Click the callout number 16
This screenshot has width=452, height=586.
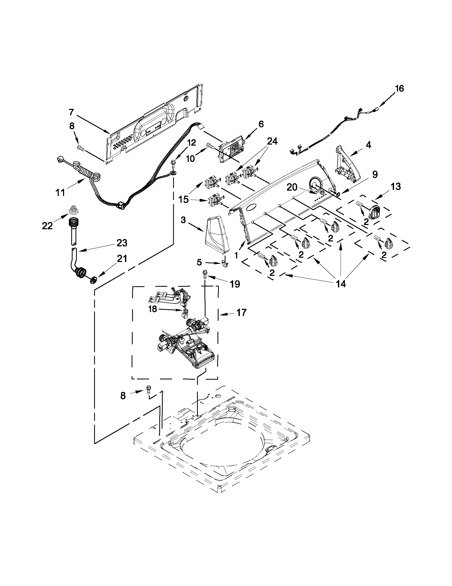point(399,88)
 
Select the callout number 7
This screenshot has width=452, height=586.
point(71,112)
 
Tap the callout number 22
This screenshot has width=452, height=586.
point(47,226)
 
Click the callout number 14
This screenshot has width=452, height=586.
point(341,284)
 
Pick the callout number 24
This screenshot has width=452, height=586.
point(272,141)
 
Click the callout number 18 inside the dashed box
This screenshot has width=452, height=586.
point(152,309)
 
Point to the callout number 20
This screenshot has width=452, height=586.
point(292,187)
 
